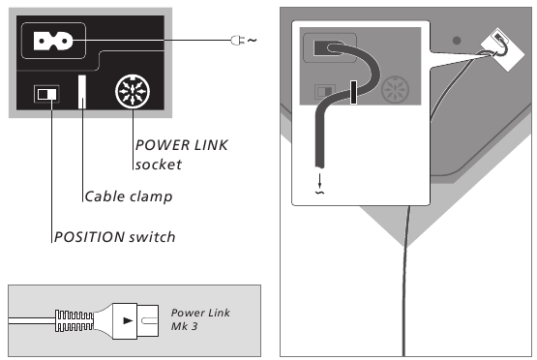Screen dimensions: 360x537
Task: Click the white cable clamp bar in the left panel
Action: coord(83,95)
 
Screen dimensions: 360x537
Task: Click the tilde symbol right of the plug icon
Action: coord(253,40)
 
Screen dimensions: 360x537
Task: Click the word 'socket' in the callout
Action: coord(158,165)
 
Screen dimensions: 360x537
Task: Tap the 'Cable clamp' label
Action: coord(128,197)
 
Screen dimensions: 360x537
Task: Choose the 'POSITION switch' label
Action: coord(113,237)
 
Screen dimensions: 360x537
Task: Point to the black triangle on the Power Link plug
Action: coord(127,317)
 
